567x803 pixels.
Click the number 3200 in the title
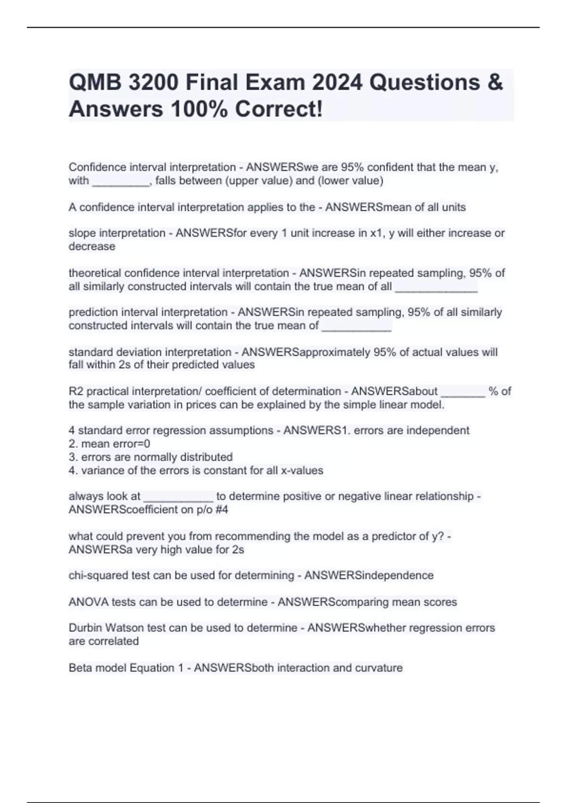coord(153,83)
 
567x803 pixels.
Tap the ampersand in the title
coord(494,83)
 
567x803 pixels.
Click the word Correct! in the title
coord(279,109)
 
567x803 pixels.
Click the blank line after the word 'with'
coord(120,181)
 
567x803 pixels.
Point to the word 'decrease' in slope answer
coord(92,246)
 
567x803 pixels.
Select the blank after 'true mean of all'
coord(436,287)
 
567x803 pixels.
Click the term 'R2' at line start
coord(76,391)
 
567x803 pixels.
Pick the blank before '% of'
coord(463,392)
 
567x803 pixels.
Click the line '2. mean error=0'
coord(110,444)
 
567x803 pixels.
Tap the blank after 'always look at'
coord(178,497)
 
